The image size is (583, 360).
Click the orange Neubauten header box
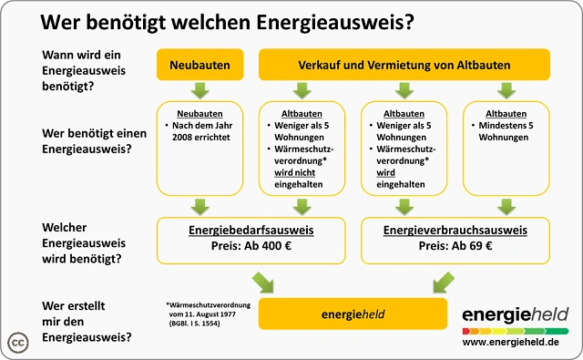200,65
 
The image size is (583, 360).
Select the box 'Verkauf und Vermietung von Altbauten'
404,65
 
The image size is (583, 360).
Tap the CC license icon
18,343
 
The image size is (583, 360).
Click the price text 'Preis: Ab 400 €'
251,246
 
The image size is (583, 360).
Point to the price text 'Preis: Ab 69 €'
455,246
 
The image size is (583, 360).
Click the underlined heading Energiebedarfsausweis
251,231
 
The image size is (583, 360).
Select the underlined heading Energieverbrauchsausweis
455,231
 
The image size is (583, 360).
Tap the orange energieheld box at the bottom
353,314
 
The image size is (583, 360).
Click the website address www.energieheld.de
511,342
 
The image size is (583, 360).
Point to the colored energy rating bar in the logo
516,331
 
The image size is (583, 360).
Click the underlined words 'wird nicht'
295,172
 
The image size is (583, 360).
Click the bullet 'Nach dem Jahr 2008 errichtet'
199,131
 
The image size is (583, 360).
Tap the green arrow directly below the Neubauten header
200,91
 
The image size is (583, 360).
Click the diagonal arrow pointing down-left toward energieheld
444,283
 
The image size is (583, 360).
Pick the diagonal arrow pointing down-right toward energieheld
262,283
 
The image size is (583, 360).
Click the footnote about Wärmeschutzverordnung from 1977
209,314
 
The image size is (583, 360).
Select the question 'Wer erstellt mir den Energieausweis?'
87,322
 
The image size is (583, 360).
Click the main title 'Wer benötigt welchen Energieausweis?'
227,22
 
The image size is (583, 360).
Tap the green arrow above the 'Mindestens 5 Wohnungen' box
506,91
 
